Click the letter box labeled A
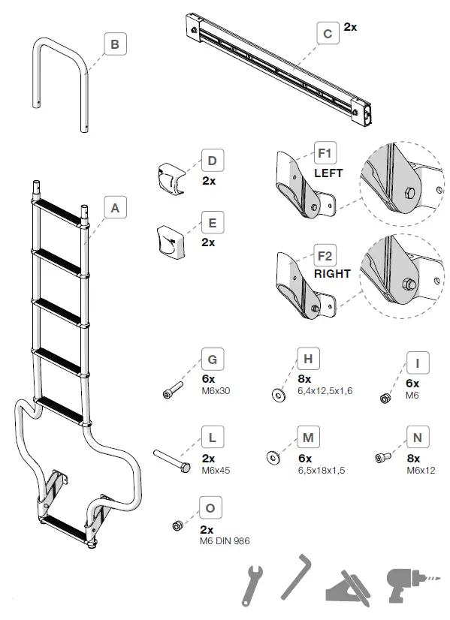(x=115, y=208)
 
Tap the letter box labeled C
(x=327, y=33)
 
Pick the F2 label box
(x=325, y=255)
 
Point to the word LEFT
(x=328, y=173)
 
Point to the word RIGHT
(x=332, y=274)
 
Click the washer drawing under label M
(x=273, y=456)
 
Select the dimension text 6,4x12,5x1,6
(x=324, y=390)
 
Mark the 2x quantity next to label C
(x=350, y=26)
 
